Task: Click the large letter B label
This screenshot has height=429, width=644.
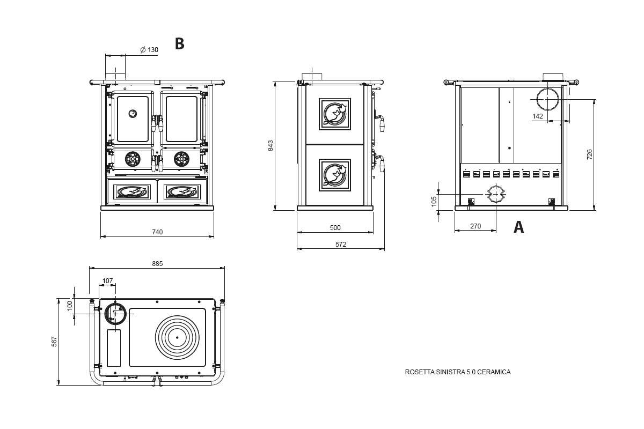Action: [x=180, y=44]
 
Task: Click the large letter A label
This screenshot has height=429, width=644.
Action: [x=518, y=227]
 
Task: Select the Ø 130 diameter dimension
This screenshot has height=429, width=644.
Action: [x=149, y=50]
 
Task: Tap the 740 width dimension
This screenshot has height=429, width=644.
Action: [x=157, y=232]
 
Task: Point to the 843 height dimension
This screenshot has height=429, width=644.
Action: [x=271, y=145]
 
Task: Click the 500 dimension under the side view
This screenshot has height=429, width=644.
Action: [x=335, y=228]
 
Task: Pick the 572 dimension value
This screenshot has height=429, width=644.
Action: [x=341, y=245]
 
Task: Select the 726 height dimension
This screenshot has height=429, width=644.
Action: [x=590, y=154]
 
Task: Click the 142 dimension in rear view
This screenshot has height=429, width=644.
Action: [x=538, y=116]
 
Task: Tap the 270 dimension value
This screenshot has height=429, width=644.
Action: [x=475, y=226]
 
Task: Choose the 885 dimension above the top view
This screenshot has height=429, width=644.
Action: [x=157, y=263]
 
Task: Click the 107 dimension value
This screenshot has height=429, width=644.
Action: [x=108, y=281]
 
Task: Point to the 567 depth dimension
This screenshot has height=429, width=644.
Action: [x=54, y=342]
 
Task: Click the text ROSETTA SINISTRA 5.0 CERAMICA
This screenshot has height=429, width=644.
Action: [x=458, y=372]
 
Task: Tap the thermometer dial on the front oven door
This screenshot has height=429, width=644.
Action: [x=133, y=113]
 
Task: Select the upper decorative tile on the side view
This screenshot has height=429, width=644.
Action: [x=335, y=114]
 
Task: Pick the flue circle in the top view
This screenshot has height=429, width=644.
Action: [x=115, y=313]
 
